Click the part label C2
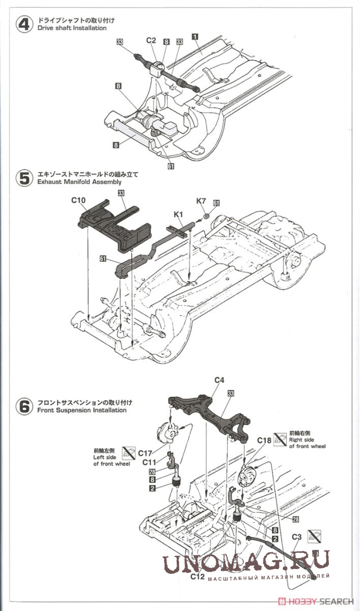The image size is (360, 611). tap(151, 41)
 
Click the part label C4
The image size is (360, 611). tap(219, 380)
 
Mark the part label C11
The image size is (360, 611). tap(150, 462)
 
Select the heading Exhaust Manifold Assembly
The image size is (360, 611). tap(79, 182)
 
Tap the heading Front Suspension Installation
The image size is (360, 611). tap(82, 410)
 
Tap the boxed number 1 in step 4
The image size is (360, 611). tap(195, 36)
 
